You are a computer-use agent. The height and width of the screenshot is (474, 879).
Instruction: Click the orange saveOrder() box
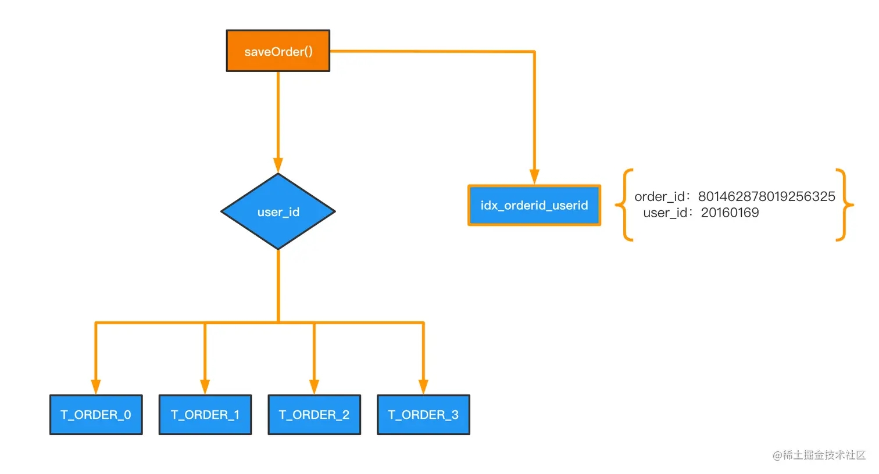pyautogui.click(x=278, y=51)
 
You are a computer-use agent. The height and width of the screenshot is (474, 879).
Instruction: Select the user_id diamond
pyautogui.click(x=278, y=211)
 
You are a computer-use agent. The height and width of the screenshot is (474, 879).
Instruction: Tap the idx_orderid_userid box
pyautogui.click(x=534, y=205)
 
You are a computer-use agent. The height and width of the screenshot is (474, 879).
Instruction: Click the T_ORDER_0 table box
pyautogui.click(x=96, y=414)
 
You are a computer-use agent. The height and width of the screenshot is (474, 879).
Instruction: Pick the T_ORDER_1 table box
pyautogui.click(x=205, y=414)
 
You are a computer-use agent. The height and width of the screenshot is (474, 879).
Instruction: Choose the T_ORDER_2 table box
pyautogui.click(x=315, y=414)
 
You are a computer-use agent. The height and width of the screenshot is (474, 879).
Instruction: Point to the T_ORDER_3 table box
pyautogui.click(x=423, y=414)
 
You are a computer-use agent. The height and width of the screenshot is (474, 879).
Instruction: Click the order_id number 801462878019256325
pyautogui.click(x=766, y=196)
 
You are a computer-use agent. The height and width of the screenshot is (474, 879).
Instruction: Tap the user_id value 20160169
pyautogui.click(x=730, y=213)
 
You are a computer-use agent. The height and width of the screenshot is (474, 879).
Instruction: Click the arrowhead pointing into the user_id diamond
pyautogui.click(x=278, y=165)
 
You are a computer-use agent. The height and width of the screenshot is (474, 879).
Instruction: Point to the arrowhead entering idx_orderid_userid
pyautogui.click(x=534, y=177)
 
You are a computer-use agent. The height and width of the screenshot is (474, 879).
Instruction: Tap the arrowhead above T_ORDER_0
pyautogui.click(x=96, y=386)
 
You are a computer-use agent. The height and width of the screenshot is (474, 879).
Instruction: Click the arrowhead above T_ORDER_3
pyautogui.click(x=423, y=386)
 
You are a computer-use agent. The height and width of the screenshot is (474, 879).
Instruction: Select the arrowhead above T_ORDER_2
pyautogui.click(x=314, y=386)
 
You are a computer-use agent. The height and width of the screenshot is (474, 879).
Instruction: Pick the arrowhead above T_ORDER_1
pyautogui.click(x=205, y=386)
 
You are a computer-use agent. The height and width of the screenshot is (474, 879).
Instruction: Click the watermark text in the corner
pyautogui.click(x=819, y=455)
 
